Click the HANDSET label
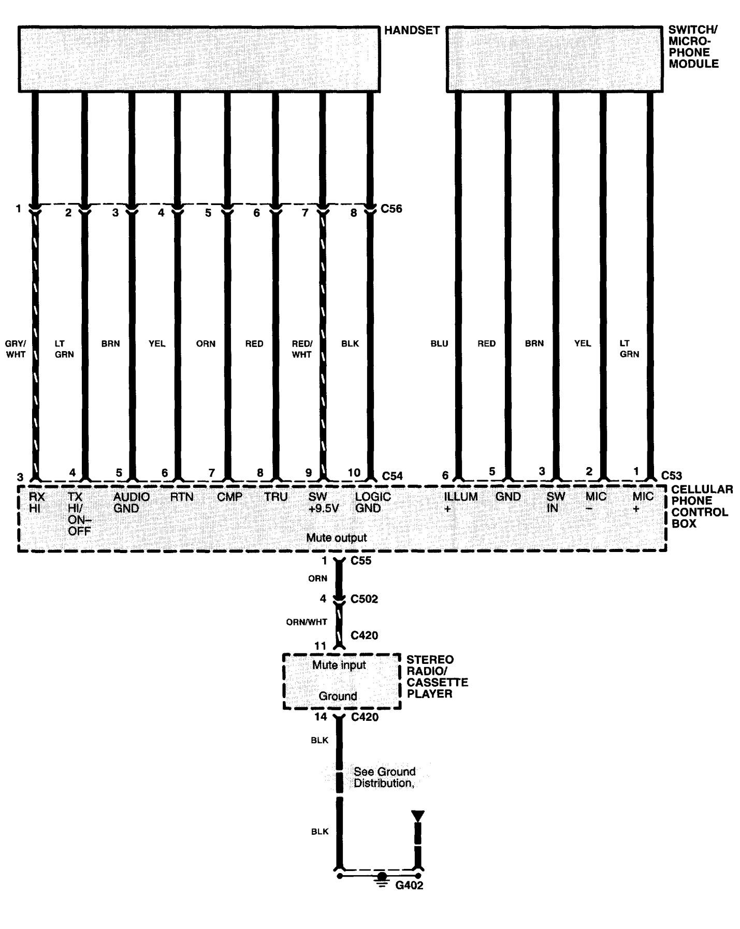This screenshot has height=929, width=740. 412,31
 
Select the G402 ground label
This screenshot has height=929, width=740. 409,886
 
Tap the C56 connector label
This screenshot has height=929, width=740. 391,209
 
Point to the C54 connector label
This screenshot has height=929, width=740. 392,476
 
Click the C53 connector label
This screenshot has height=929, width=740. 672,475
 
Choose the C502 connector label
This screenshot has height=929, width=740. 364,599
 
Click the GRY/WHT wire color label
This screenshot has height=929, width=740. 16,349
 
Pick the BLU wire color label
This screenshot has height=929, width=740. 439,343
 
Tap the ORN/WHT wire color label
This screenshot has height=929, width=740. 307,622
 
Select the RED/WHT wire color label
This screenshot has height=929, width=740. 302,349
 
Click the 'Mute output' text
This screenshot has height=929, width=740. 336,538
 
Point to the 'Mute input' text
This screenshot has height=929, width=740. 339,665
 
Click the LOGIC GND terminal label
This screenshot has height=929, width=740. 372,502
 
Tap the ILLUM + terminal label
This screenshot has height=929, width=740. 460,502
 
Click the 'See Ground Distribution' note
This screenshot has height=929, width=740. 384,777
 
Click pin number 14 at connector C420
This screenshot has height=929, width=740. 321,717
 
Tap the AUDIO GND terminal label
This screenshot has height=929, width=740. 131,502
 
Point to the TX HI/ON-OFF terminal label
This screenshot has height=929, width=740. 79,514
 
